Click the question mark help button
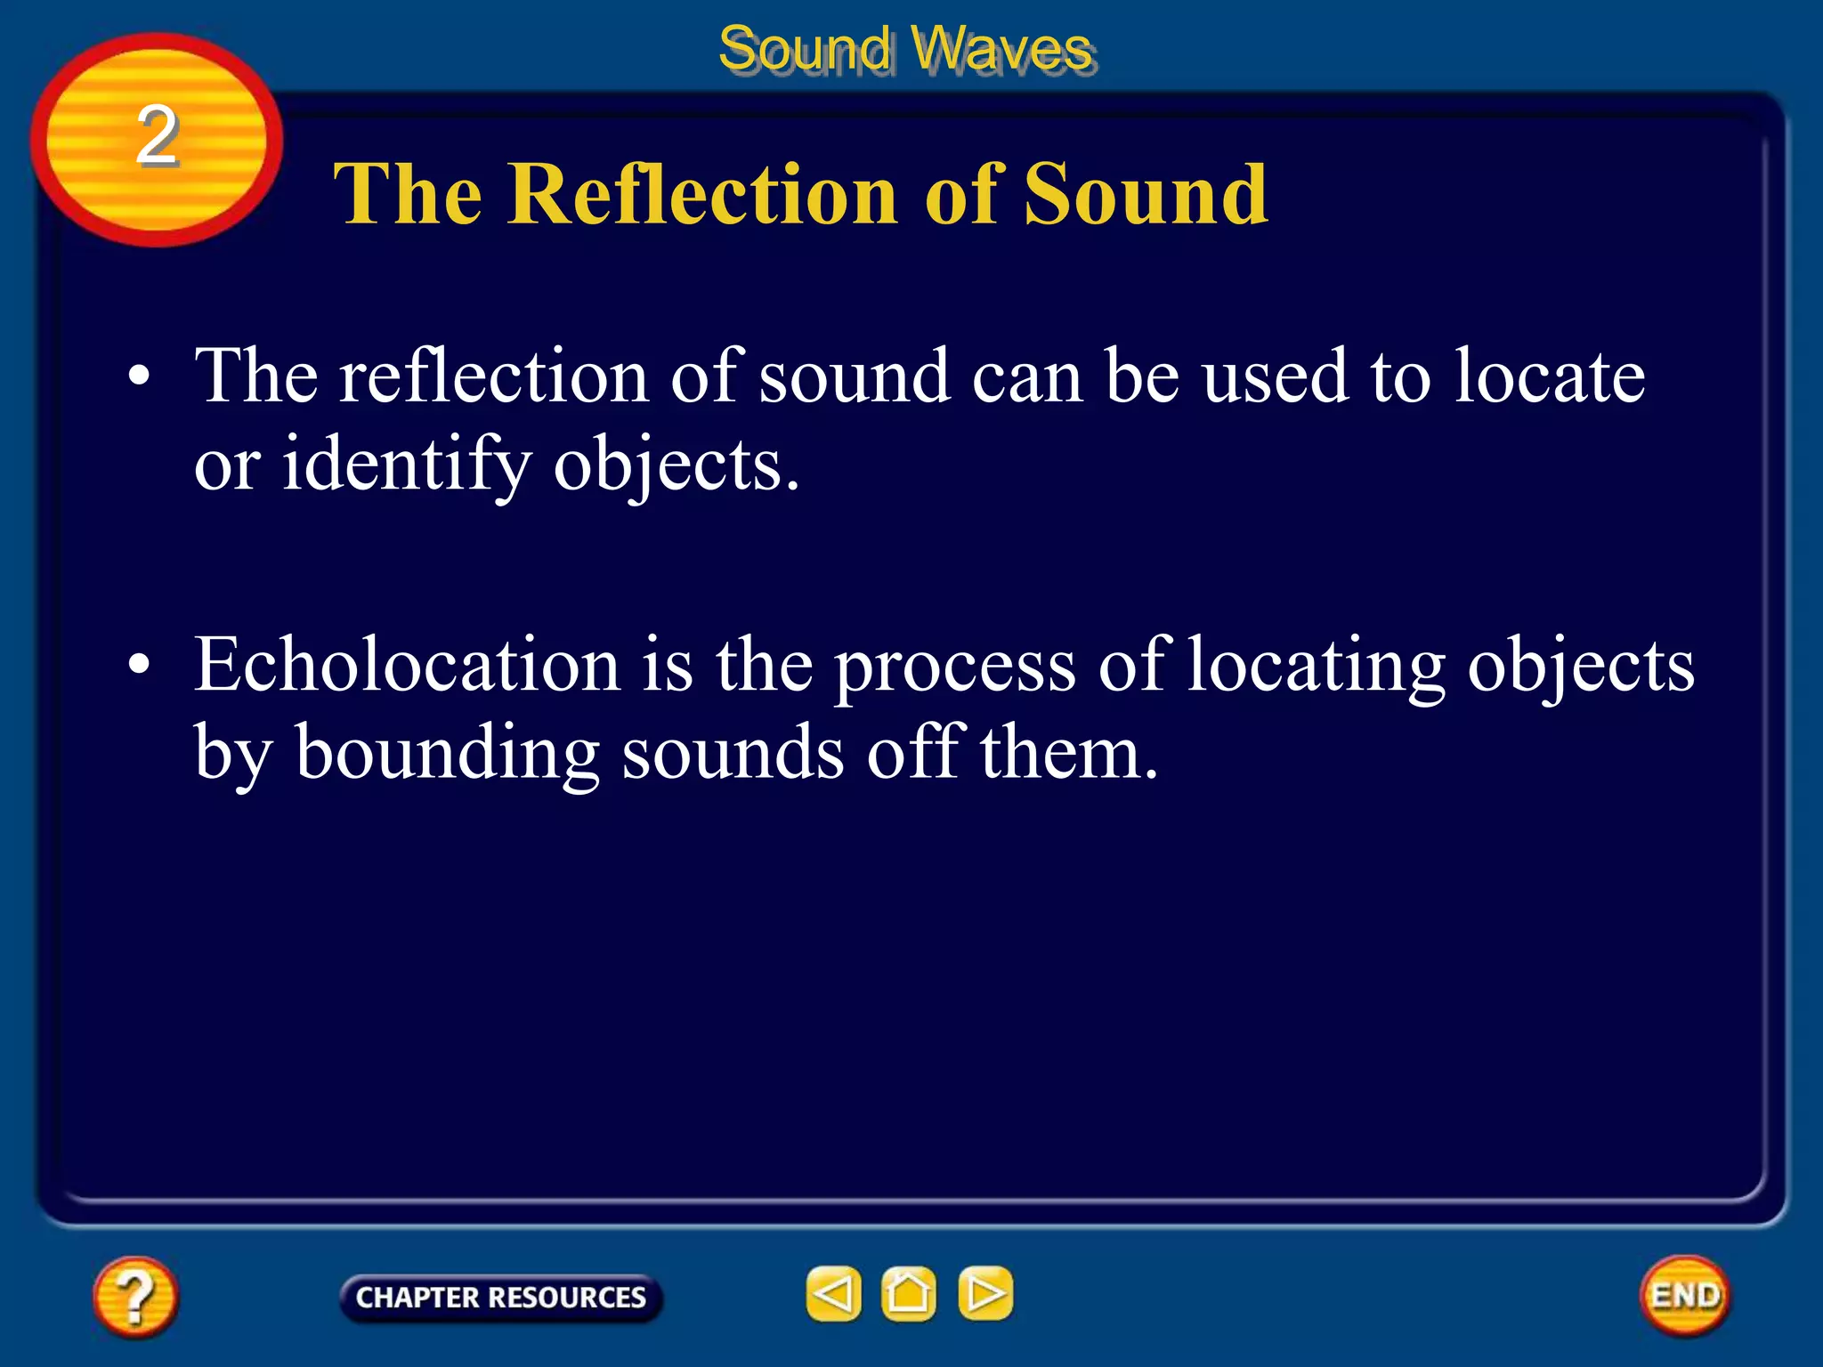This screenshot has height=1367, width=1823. pos(134,1296)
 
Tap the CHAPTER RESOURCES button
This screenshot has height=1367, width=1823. pos(500,1298)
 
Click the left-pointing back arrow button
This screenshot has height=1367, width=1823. pos(833,1293)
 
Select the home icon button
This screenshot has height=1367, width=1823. pos(908,1293)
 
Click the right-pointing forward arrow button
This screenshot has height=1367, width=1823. pos(985,1293)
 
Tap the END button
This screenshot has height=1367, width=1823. pos(1685,1295)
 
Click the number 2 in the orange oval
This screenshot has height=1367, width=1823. pos(157,135)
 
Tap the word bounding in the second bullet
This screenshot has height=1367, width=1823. pos(447,753)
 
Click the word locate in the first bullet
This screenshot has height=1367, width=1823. pos(1550,376)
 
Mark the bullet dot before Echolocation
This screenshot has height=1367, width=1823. pos(139,665)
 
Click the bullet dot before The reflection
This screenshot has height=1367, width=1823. pos(139,376)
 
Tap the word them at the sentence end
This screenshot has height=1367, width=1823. pos(1068,753)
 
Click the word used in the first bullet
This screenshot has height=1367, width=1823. pos(1275,376)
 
